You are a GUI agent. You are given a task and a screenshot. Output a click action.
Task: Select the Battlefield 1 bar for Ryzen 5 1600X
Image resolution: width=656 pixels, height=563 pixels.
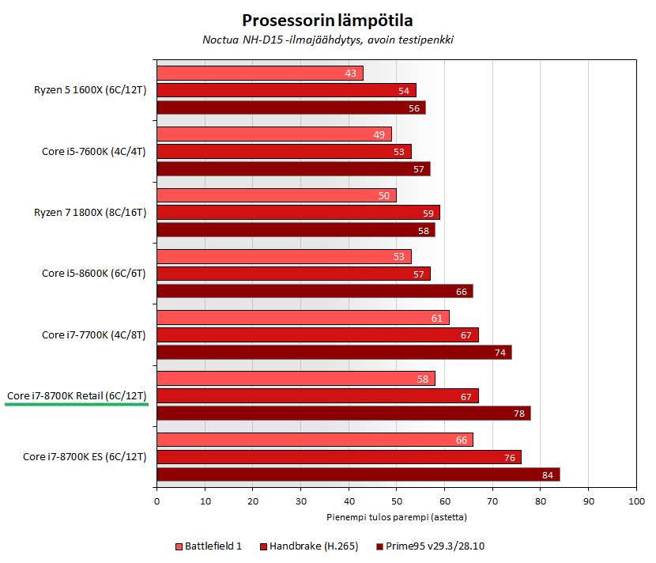[x=260, y=74]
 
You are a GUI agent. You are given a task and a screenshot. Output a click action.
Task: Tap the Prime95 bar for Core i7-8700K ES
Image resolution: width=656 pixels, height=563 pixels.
[x=358, y=474]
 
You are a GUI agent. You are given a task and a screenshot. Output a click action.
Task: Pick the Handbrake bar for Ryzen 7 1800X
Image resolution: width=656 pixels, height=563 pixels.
[x=298, y=213]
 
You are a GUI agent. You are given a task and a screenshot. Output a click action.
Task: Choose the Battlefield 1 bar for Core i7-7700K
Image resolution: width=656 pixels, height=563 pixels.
[x=303, y=318]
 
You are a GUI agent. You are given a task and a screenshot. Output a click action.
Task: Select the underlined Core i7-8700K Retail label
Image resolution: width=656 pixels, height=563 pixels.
[x=77, y=395]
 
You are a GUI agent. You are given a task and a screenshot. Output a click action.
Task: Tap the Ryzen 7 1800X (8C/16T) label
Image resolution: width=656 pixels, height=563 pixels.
[x=90, y=212]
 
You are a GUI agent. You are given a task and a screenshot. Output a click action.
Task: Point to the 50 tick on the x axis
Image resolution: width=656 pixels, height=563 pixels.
[x=397, y=501]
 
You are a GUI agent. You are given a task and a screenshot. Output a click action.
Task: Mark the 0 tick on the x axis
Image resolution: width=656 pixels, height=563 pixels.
[x=157, y=501]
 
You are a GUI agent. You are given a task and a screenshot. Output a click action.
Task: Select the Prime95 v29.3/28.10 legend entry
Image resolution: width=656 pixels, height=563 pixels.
[x=435, y=546]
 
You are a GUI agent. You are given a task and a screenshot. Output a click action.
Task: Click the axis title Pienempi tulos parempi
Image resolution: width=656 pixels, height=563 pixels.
[x=396, y=517]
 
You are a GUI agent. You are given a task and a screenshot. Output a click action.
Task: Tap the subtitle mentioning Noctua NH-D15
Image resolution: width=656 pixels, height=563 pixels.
[x=327, y=40]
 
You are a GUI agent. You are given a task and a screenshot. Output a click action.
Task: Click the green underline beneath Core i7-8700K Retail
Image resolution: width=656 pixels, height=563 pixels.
[x=77, y=404]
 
